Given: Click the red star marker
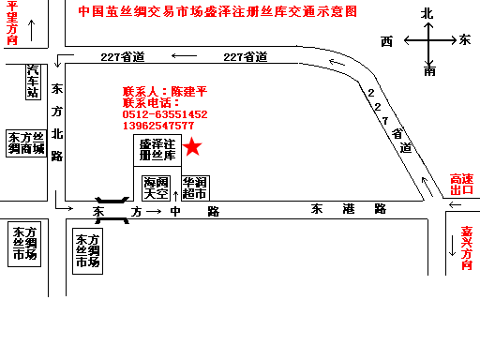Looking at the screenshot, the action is pyautogui.click(x=192, y=146).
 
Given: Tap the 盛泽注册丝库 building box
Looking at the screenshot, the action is pyautogui.click(x=157, y=151).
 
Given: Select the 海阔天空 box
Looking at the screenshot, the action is pyautogui.click(x=156, y=187).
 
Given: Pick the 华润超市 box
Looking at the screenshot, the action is pyautogui.click(x=195, y=187).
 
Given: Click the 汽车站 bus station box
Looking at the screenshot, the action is pyautogui.click(x=33, y=82).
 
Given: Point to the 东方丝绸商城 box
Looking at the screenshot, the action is pyautogui.click(x=26, y=142).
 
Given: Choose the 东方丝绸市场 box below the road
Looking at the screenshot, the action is pyautogui.click(x=87, y=251).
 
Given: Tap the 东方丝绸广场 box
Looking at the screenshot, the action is pyautogui.click(x=25, y=243).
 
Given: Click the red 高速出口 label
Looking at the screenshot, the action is pyautogui.click(x=462, y=184).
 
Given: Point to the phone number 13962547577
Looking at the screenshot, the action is pyautogui.click(x=158, y=126).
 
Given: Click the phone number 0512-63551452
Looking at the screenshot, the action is pyautogui.click(x=165, y=114).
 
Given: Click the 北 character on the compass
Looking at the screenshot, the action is pyautogui.click(x=428, y=12).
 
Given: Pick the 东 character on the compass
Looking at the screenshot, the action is pyautogui.click(x=466, y=40).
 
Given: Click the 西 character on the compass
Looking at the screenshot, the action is pyautogui.click(x=386, y=41).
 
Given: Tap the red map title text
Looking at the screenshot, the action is pyautogui.click(x=217, y=13).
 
